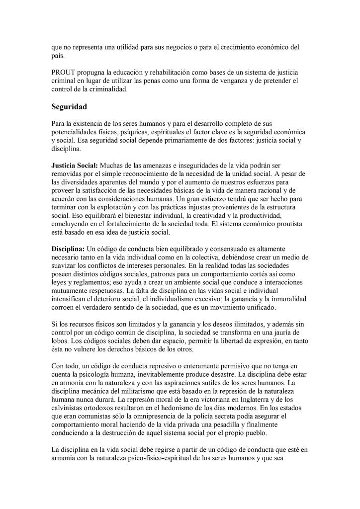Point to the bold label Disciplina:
point(69,248)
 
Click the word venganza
point(232,80)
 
